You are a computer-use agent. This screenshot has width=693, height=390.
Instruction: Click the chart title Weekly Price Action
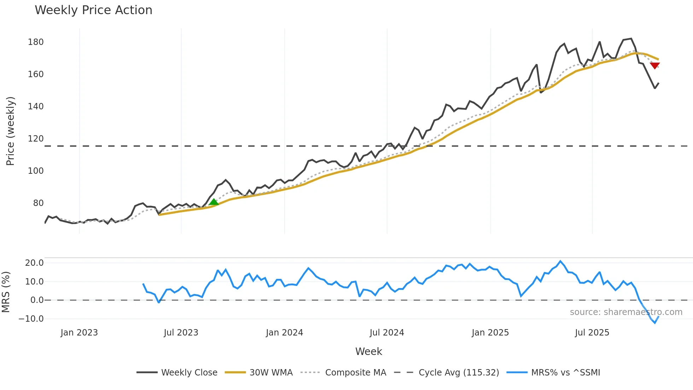(93, 10)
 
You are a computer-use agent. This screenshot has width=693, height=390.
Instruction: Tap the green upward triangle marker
(214, 202)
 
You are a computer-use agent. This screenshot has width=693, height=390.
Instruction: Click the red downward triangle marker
(655, 65)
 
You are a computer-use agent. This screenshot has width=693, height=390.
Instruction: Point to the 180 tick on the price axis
(36, 42)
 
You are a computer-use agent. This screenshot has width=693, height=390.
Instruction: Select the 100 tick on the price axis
(36, 171)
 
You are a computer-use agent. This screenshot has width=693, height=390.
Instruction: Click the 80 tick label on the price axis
(38, 203)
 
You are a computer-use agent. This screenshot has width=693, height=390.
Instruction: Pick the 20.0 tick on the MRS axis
(34, 263)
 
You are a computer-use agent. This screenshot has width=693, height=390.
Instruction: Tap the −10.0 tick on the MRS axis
(31, 319)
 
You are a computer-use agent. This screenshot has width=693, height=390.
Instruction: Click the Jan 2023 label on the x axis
(79, 333)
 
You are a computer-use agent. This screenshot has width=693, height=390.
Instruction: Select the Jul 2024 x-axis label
(387, 333)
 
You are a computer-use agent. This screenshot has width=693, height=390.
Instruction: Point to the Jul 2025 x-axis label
(592, 333)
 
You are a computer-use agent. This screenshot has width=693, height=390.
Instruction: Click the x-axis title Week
(368, 351)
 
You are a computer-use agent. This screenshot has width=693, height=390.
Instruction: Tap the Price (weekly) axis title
(11, 131)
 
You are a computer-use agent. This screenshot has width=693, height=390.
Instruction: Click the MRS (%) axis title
(6, 292)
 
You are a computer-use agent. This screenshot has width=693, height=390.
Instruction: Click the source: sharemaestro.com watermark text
(626, 312)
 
